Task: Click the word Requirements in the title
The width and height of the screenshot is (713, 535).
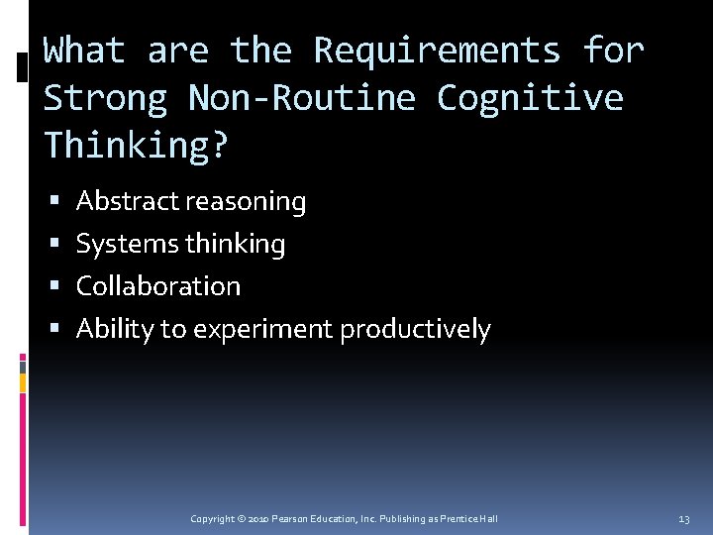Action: pyautogui.click(x=437, y=50)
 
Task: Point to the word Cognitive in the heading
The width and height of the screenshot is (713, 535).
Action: pyautogui.click(x=530, y=97)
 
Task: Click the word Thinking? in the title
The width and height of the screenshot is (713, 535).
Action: pyautogui.click(x=137, y=145)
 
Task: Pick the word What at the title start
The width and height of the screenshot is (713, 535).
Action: pyautogui.click(x=84, y=50)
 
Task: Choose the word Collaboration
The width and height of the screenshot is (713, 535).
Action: pyautogui.click(x=158, y=286)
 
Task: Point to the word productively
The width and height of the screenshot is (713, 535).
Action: pyautogui.click(x=415, y=329)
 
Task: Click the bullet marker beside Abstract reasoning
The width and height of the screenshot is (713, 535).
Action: pyautogui.click(x=53, y=202)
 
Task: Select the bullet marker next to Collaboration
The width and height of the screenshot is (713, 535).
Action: pyautogui.click(x=53, y=287)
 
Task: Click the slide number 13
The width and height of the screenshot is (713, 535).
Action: pyautogui.click(x=683, y=519)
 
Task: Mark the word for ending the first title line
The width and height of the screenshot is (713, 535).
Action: pyautogui.click(x=614, y=50)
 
